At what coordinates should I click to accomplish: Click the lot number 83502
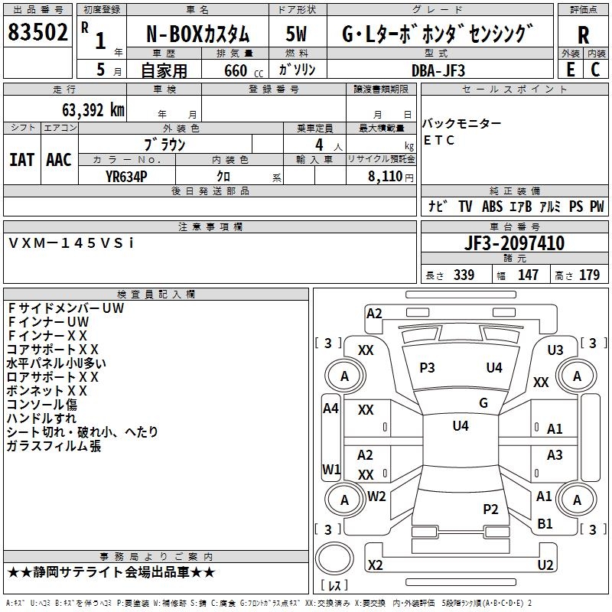point(37,32)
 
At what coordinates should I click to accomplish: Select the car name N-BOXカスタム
point(197,34)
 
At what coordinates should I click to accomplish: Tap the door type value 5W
point(296,34)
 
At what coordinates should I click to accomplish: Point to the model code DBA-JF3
point(438,70)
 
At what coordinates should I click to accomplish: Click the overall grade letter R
point(583,35)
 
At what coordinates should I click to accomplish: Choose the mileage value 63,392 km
point(93,110)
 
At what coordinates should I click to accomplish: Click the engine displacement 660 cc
point(243,71)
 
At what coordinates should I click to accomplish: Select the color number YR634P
point(126,177)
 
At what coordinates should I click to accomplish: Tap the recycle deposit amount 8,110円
point(391,177)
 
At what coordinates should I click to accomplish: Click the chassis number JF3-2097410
point(514,243)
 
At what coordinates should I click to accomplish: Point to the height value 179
point(589,275)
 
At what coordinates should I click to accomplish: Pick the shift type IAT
point(21,160)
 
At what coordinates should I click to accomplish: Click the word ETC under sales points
point(439,140)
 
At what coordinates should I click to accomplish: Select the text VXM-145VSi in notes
point(71,243)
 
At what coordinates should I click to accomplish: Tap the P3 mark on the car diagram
point(427,368)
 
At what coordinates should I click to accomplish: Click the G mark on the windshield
point(483,403)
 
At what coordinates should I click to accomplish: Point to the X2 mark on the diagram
point(375,565)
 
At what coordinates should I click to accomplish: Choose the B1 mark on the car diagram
point(545,524)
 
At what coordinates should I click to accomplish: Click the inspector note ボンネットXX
point(47,391)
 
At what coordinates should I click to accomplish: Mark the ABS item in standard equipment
point(492,207)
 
